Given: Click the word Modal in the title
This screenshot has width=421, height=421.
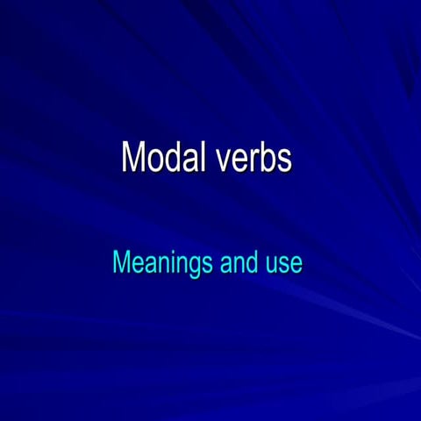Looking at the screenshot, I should (x=158, y=158).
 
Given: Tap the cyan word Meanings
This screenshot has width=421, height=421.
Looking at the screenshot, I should (x=162, y=262).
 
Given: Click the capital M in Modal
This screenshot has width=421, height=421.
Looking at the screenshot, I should (x=132, y=158).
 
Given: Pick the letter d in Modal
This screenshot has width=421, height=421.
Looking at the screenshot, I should (x=169, y=158).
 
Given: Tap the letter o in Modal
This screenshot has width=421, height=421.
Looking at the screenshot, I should (x=153, y=161).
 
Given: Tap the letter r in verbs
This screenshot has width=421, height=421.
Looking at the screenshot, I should (x=250, y=161).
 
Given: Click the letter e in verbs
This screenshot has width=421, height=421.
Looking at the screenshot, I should (x=233, y=161).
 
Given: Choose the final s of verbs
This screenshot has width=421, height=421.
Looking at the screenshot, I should (x=283, y=161).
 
